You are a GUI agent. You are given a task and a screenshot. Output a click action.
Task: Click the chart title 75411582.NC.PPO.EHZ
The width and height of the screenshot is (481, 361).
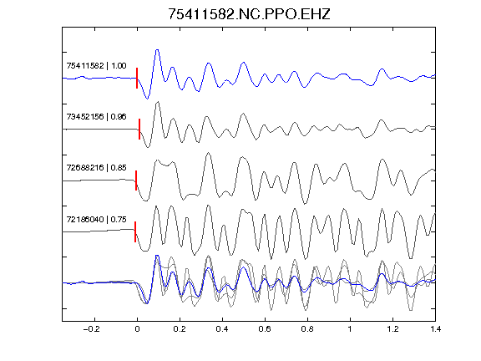pos(249,14)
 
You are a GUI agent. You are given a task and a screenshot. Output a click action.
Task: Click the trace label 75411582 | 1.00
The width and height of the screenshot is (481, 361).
pos(96,66)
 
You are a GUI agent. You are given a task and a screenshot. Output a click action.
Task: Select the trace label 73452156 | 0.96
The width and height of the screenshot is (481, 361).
pos(96,117)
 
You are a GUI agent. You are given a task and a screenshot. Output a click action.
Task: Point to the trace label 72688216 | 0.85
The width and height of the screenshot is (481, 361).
pos(96,168)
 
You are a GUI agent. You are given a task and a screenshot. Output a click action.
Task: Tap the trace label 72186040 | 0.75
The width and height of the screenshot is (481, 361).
pos(96,220)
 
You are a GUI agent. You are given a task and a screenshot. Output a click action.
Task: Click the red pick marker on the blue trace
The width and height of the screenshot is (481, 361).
pos(137,79)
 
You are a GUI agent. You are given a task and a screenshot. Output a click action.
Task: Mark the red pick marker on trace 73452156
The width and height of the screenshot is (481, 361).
pos(139,130)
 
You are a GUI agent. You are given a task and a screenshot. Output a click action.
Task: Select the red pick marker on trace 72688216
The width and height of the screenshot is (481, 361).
pos(136,180)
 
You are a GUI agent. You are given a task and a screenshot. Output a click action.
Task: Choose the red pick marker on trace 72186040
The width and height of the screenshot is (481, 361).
pos(135,231)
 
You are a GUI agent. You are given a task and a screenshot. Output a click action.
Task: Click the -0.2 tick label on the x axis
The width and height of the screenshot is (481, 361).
pos(92,329)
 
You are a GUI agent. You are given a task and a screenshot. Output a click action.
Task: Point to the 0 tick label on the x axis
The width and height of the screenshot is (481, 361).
pos(137,329)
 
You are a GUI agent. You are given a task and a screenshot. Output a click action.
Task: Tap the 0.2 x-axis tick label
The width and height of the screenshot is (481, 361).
pos(180,329)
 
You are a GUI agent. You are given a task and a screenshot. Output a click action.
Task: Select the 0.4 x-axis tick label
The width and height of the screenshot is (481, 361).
pos(222,329)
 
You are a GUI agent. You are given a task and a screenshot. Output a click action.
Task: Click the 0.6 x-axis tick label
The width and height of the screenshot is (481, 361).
pos(265,329)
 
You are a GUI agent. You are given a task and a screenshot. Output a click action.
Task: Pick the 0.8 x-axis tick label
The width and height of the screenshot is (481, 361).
pos(307,329)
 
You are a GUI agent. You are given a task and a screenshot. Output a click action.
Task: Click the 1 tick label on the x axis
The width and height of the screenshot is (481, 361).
pos(350,329)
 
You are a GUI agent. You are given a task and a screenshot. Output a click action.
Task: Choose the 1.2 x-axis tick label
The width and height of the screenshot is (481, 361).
pos(392,329)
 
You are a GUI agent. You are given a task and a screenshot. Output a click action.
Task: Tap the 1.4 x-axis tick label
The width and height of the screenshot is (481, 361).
pos(435,329)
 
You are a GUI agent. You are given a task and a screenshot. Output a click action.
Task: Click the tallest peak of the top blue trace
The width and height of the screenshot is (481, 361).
pos(157,50)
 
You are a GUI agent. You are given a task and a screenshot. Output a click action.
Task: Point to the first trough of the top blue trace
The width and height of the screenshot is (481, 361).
pos(147,99)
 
